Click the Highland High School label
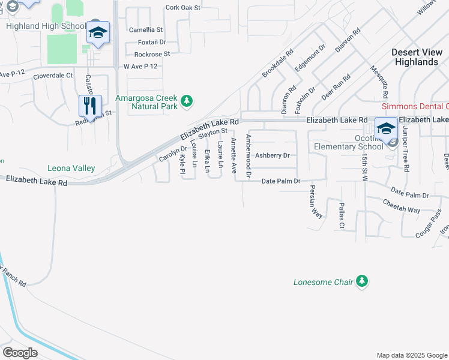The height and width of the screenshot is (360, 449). click(x=46, y=26)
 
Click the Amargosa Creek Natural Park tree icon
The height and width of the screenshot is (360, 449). click(x=187, y=100)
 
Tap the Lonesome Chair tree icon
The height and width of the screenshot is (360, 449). click(x=361, y=281)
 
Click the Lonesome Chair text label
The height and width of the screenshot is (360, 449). click(x=323, y=282)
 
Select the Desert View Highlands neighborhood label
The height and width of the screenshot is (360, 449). click(x=415, y=57)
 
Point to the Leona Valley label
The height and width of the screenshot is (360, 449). click(x=71, y=169)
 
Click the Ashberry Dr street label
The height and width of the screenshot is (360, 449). click(x=273, y=155)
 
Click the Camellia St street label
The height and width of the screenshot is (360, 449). click(x=146, y=29)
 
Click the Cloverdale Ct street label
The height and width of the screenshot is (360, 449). click(x=53, y=76)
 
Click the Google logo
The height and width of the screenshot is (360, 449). click(x=20, y=353)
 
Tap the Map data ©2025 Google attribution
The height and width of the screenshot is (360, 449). click(x=412, y=355)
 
